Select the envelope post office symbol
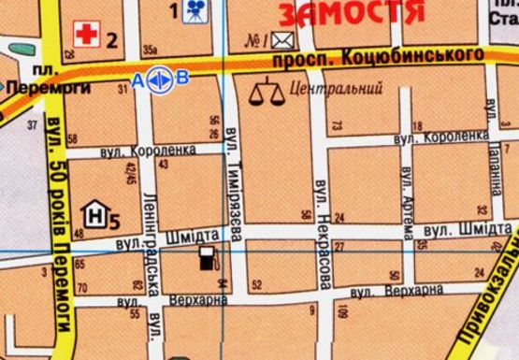[283, 40]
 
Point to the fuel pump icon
[207, 258]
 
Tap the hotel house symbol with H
[94, 215]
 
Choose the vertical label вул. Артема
[406, 195]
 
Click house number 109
[343, 312]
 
